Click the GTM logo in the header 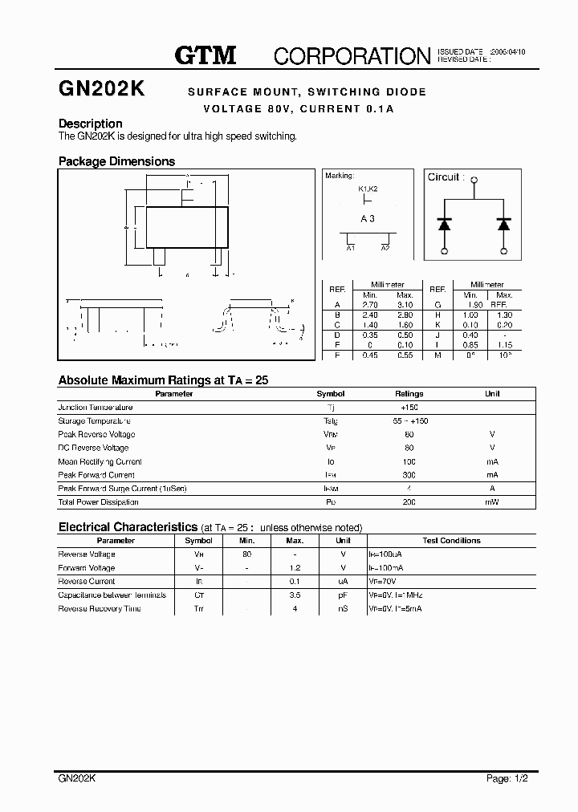(206, 55)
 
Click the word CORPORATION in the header (352, 55)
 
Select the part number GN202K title (101, 90)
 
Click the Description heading (91, 124)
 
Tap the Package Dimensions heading (116, 161)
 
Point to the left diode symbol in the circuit (444, 224)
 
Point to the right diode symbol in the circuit (503, 224)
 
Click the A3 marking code (368, 218)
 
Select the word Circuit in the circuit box (443, 177)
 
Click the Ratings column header (409, 394)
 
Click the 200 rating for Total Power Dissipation (409, 502)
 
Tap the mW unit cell (492, 502)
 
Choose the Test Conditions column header (451, 541)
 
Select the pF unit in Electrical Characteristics (342, 595)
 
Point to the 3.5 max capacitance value (295, 595)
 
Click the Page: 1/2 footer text (507, 778)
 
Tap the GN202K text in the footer (78, 778)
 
